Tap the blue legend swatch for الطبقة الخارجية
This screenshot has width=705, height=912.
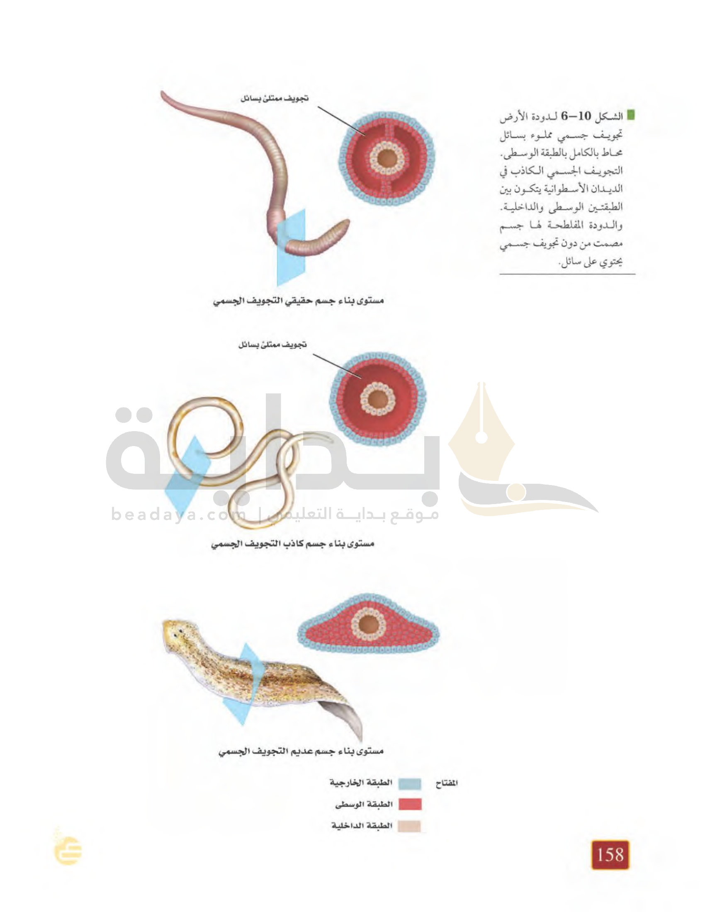[409, 784]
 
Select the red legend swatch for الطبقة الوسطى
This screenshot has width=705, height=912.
[410, 804]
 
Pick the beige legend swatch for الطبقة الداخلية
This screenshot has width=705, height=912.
[409, 826]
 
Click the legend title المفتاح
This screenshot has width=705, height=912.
[447, 783]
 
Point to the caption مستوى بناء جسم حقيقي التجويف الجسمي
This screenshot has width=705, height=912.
[298, 301]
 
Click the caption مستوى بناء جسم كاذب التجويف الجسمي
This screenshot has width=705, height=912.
[292, 544]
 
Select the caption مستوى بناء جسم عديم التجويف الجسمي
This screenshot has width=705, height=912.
[301, 752]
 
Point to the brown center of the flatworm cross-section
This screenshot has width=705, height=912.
[368, 625]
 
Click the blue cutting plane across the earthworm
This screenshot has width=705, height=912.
[291, 247]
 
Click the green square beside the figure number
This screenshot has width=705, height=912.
[632, 115]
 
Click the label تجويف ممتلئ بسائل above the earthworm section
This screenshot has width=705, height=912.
[275, 99]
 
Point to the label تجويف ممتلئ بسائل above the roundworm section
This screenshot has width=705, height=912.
[272, 345]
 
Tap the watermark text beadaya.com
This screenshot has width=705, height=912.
[179, 514]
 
